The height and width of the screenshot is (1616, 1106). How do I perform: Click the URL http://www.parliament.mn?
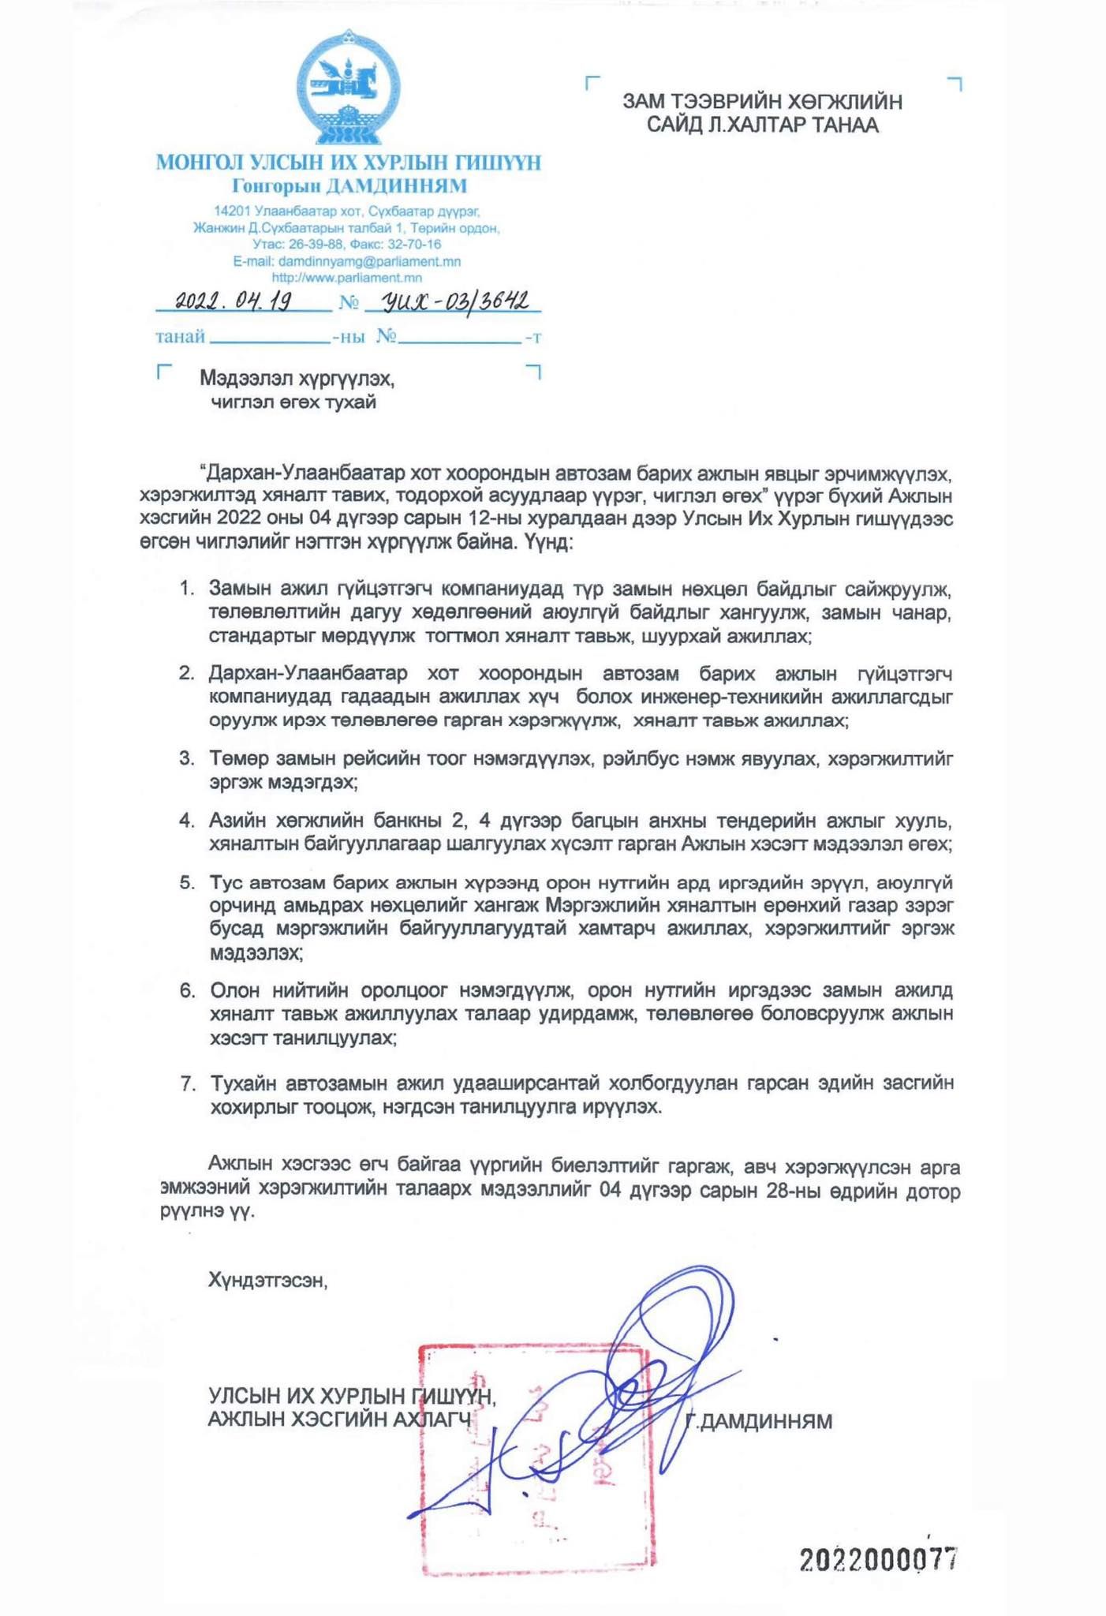(x=346, y=278)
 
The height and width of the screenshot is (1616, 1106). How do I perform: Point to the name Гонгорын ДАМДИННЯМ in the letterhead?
(x=349, y=186)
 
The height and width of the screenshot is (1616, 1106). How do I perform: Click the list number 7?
(x=188, y=1083)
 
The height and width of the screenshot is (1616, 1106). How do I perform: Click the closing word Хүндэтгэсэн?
(x=267, y=1280)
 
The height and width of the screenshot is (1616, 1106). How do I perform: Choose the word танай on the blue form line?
(x=181, y=337)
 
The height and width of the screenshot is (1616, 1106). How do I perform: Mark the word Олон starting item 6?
(x=234, y=990)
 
